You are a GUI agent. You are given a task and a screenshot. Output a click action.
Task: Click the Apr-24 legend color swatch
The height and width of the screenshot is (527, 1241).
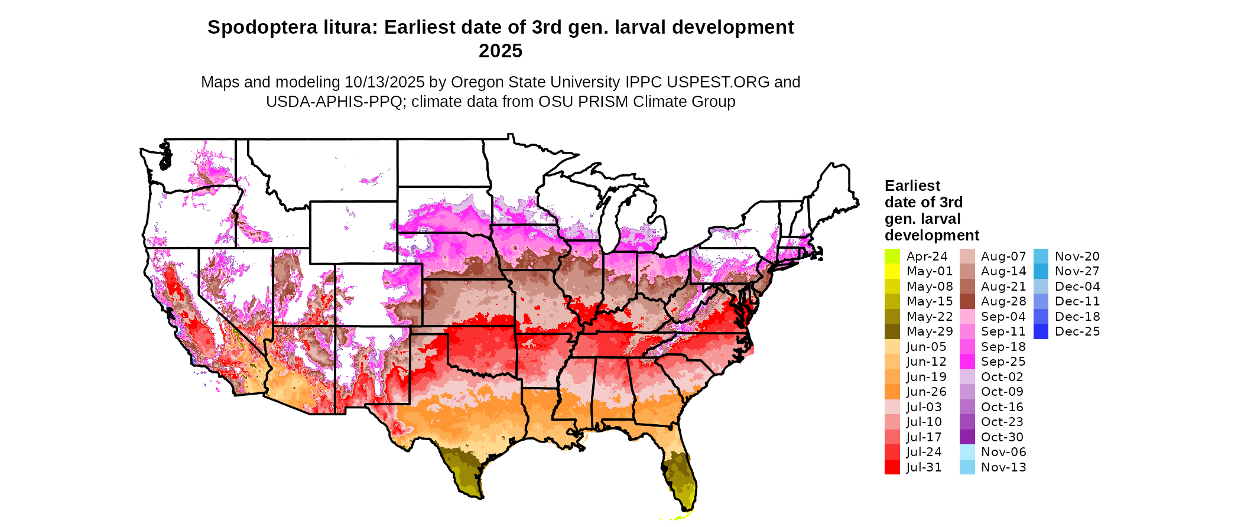(892, 256)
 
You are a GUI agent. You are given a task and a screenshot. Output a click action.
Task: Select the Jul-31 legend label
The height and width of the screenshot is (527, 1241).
(924, 467)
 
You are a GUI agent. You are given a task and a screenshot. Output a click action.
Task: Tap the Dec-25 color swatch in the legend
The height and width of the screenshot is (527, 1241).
(1041, 331)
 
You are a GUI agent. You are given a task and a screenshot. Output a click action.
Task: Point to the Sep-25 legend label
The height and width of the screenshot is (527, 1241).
(1003, 362)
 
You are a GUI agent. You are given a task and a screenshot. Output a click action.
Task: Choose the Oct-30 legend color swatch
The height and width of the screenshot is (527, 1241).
(967, 437)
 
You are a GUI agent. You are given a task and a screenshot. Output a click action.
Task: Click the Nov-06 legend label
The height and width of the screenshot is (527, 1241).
(1003, 452)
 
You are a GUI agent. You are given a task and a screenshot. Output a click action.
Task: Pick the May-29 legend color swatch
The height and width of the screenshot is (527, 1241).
(892, 331)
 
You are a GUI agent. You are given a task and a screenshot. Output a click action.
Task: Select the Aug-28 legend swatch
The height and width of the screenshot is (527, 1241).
(967, 301)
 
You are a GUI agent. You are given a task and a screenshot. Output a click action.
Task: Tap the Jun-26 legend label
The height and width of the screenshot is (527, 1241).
(926, 392)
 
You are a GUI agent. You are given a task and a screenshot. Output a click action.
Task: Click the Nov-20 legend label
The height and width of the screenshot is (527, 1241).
(1077, 256)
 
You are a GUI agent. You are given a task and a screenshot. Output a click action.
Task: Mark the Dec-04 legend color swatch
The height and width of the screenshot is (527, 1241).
(1041, 287)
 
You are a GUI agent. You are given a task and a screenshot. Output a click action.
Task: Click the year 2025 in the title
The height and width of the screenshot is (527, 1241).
(500, 51)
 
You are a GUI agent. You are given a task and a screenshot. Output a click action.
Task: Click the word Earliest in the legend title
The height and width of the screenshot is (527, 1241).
(912, 186)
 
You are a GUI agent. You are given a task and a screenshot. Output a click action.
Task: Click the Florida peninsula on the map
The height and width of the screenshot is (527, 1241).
(680, 473)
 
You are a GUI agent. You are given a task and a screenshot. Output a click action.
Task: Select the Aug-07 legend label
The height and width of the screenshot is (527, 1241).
(1003, 256)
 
